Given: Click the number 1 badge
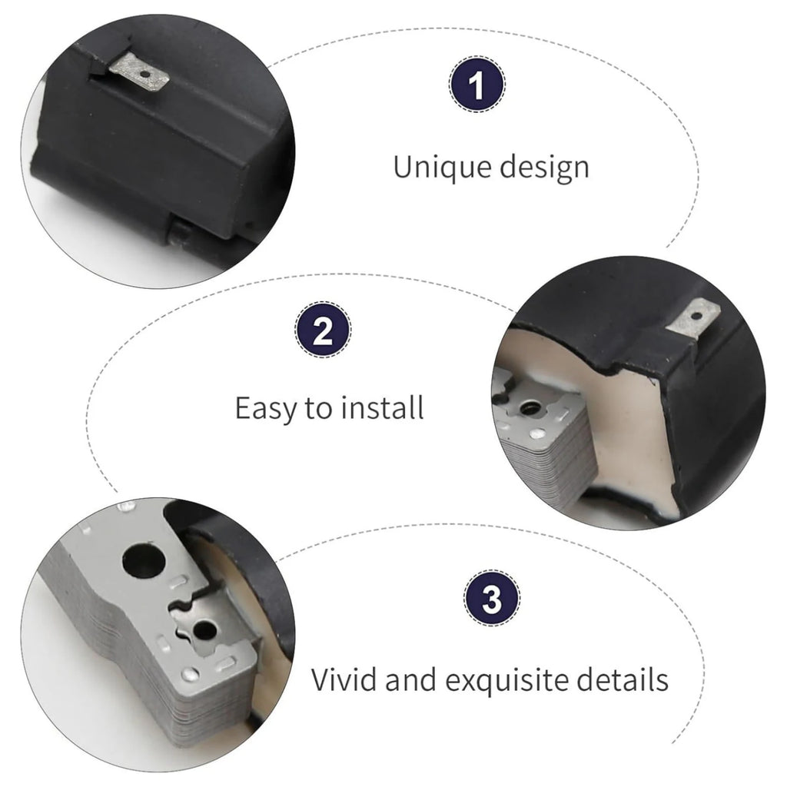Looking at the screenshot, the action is (477, 85).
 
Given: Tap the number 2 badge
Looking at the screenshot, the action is (323, 330).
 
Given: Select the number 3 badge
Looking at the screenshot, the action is (492, 598).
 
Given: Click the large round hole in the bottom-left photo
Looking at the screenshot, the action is (144, 560).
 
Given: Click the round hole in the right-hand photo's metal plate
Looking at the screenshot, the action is (529, 408).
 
